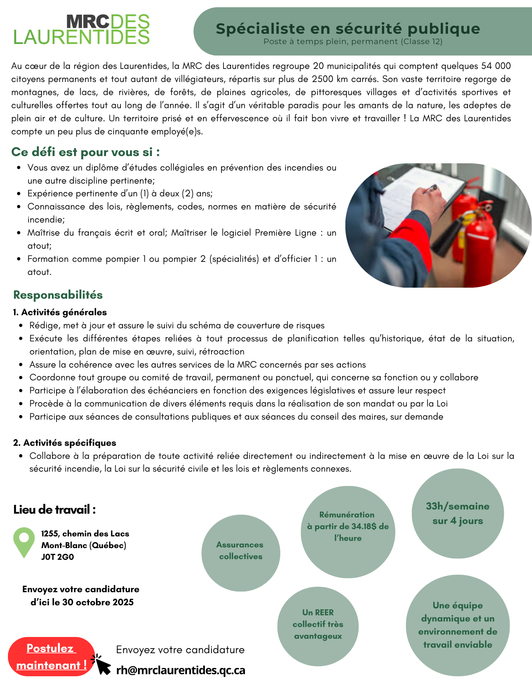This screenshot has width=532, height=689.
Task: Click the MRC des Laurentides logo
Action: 82,30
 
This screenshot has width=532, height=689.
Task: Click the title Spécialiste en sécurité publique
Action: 348,29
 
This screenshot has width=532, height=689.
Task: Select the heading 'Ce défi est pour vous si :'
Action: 85,152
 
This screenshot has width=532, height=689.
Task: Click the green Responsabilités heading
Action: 58,295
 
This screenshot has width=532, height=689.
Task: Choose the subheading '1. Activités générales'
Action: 60,312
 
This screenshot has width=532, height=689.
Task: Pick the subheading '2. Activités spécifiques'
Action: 65,443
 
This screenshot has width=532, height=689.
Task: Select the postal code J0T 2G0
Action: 58,557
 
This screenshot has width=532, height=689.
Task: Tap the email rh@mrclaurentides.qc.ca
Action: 181,670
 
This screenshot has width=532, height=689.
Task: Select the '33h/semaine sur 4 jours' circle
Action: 458,513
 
